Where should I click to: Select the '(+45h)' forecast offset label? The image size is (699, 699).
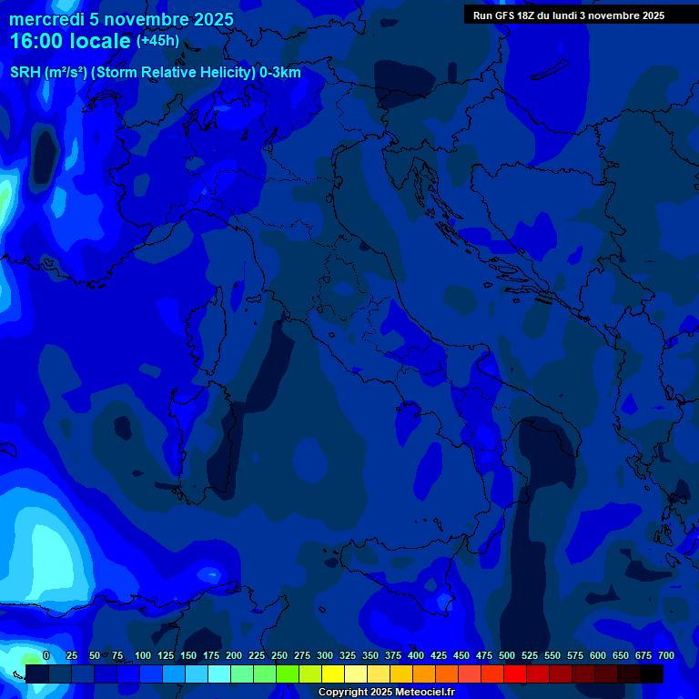click(157, 40)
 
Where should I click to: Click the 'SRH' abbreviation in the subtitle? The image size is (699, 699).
click(25, 72)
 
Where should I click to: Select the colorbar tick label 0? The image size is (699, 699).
click(46, 655)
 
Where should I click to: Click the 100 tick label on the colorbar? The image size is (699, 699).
click(143, 655)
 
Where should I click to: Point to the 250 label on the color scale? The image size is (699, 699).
click(279, 655)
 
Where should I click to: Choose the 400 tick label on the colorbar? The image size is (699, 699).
click(416, 655)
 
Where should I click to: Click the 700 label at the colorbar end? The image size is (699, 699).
click(665, 655)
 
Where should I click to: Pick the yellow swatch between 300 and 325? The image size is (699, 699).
click(333, 674)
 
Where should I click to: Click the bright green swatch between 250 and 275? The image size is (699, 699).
click(288, 674)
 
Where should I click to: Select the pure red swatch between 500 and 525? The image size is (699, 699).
click(515, 674)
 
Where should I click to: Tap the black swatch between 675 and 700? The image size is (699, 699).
click(652, 674)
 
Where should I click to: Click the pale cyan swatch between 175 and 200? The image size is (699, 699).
click(219, 674)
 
